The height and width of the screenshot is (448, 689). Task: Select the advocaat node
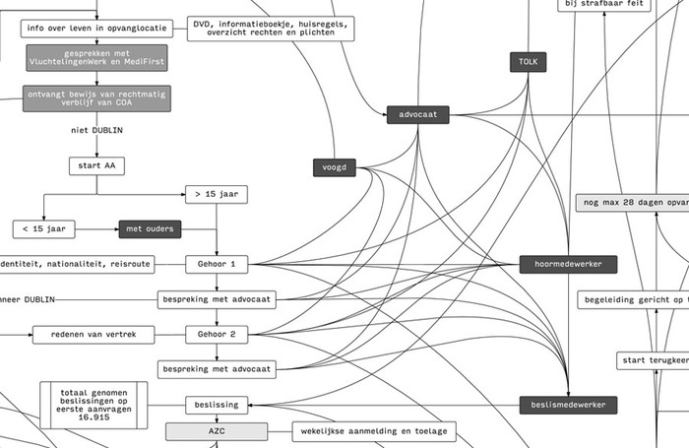tap(418, 115)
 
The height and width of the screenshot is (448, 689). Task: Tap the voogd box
tap(335, 167)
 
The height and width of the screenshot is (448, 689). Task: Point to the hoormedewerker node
tap(568, 264)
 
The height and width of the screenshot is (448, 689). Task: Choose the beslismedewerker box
tap(568, 404)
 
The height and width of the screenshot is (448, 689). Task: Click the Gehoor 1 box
tap(216, 264)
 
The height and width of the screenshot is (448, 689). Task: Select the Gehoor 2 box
tap(216, 335)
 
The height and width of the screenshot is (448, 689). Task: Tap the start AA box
tap(96, 165)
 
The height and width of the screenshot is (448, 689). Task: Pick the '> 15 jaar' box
tap(216, 195)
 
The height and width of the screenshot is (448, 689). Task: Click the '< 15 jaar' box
tap(43, 229)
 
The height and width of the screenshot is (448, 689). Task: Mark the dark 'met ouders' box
tap(150, 229)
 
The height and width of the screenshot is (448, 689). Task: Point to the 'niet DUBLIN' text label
tap(96, 130)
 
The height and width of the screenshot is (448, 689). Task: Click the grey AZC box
tap(216, 431)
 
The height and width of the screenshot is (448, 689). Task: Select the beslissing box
tap(216, 404)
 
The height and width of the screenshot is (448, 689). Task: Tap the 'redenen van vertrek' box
tap(94, 335)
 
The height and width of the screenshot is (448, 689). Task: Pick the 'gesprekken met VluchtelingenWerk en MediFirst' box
tap(95, 56)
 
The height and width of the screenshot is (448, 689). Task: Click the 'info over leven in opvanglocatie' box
tap(95, 27)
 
